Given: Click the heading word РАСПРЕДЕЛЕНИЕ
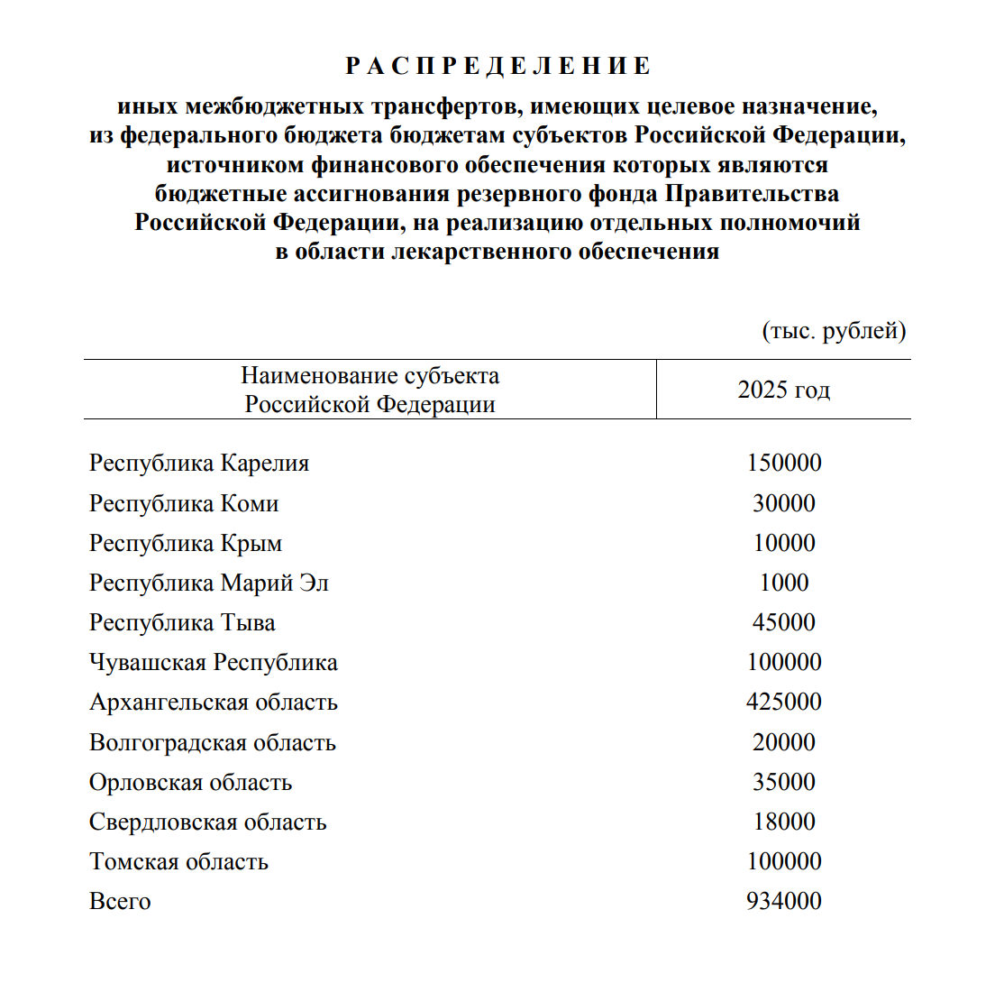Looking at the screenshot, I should (498, 66).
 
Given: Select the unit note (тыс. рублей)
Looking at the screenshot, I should (834, 331).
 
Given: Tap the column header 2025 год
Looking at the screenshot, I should (783, 390).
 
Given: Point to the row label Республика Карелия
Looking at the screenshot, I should (199, 464).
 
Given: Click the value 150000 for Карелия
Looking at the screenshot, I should (784, 464).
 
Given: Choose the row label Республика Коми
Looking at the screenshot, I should (184, 503).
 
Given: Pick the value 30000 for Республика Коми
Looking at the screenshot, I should (784, 503).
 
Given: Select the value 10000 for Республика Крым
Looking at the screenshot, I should (784, 543).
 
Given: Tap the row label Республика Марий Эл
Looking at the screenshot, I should (209, 583).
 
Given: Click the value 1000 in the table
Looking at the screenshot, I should (784, 583).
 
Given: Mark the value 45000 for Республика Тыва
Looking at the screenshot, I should (784, 622).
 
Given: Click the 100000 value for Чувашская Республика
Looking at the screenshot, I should (784, 663).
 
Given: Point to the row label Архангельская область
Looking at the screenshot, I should (214, 702).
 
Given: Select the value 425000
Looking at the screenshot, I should (784, 702).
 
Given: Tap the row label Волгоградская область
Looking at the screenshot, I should (213, 742).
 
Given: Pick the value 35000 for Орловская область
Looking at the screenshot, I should (784, 782).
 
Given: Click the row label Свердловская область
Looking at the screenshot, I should (208, 822).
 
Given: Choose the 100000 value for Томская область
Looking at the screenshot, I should (784, 861).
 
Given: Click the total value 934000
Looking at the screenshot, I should (784, 901).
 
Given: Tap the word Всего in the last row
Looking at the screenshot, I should (120, 901).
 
